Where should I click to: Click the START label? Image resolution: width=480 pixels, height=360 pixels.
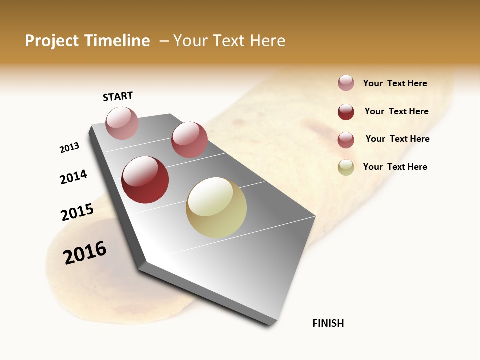point(118,96)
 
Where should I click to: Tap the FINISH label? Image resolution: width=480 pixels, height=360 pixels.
point(328,323)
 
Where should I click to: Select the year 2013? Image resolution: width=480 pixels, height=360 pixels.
point(69,148)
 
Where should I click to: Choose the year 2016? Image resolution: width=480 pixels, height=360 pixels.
point(85,253)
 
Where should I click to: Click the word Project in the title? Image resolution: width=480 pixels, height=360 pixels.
point(51,41)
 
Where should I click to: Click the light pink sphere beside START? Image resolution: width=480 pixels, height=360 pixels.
point(122,123)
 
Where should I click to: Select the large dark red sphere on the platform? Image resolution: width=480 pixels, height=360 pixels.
point(145,180)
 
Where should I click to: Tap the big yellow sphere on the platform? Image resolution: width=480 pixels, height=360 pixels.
point(216,207)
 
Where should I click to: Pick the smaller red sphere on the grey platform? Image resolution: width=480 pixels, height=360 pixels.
point(189,140)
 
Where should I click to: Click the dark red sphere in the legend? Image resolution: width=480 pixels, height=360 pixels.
point(346,112)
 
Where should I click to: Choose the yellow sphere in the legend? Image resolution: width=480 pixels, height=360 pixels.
point(346,167)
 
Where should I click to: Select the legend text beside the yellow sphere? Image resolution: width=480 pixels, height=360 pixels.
point(395,167)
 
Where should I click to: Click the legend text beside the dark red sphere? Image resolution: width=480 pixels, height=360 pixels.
point(396,111)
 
